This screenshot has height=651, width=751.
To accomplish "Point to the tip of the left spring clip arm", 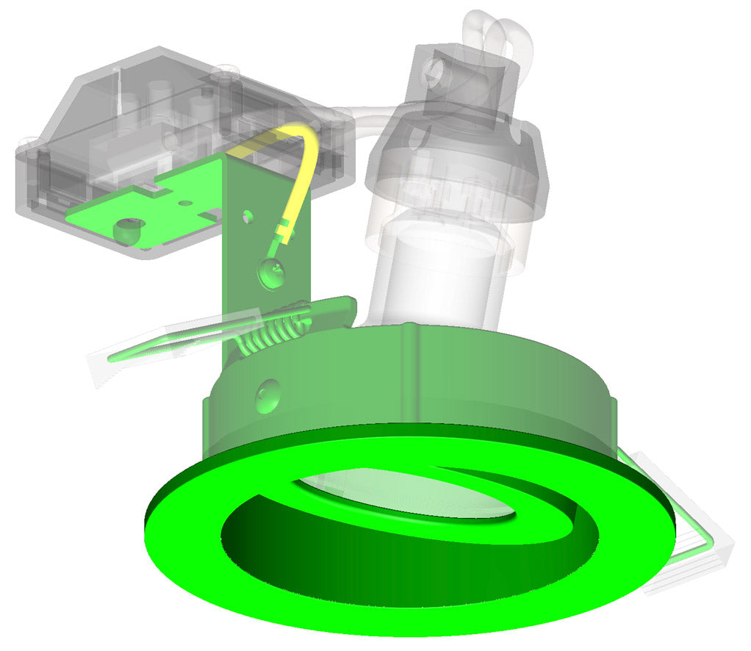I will tap(110, 360).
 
